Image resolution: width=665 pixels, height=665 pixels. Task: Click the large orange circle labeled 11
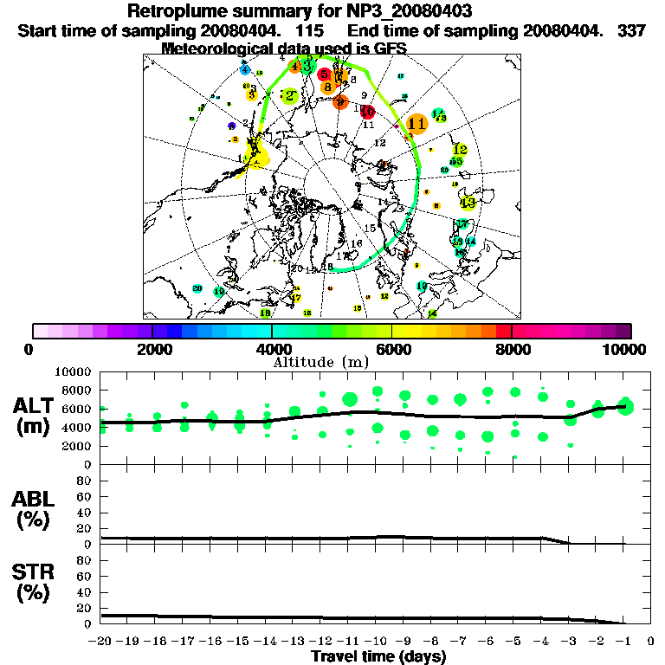click(x=416, y=124)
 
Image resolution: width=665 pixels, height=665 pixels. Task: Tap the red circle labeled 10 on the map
click(x=367, y=111)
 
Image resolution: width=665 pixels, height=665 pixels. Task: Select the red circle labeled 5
click(x=324, y=75)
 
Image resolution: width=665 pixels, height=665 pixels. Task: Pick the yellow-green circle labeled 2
click(x=291, y=97)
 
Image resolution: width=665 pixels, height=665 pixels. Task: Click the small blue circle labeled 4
click(x=246, y=69)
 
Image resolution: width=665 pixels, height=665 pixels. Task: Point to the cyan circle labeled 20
click(x=197, y=288)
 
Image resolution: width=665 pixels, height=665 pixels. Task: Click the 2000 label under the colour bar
click(x=152, y=349)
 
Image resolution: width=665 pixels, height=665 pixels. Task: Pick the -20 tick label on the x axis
click(x=100, y=642)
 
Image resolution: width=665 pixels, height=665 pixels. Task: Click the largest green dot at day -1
click(x=625, y=406)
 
